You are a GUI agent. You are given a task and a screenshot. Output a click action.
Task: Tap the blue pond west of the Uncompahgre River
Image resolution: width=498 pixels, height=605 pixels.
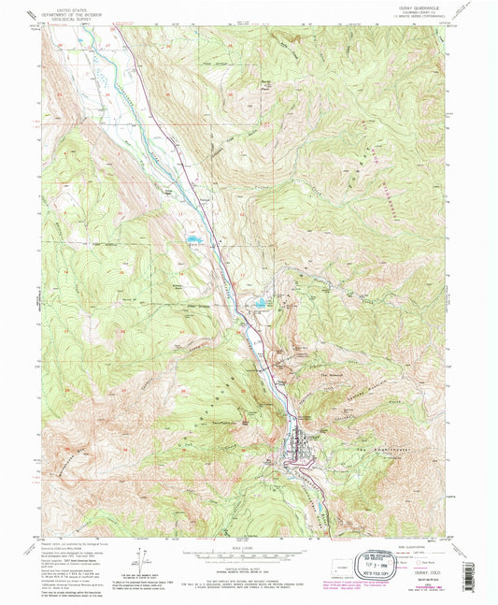pyautogui.click(x=193, y=239)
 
